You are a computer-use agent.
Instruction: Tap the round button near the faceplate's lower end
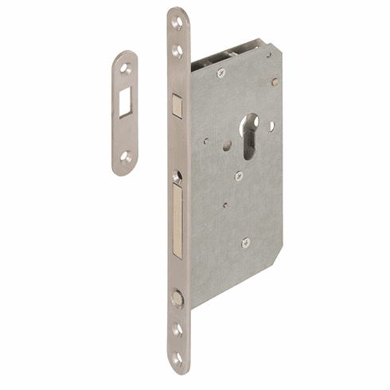point(177,298)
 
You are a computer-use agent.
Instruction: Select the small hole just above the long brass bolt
point(177,174)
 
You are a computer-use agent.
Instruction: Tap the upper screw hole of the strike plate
point(125,69)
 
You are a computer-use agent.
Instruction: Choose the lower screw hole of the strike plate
point(124,156)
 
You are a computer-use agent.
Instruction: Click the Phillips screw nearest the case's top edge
point(220,72)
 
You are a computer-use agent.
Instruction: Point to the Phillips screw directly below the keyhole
point(239,176)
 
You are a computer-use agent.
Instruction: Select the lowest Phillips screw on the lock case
point(245,242)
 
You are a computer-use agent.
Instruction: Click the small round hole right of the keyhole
point(271,125)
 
